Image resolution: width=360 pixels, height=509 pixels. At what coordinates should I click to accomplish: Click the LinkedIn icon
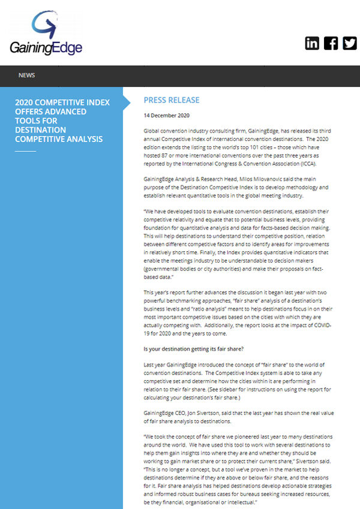click(x=312, y=43)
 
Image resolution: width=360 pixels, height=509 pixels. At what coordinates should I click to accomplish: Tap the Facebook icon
click(x=331, y=43)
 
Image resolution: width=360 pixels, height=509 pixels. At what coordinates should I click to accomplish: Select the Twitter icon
click(x=349, y=43)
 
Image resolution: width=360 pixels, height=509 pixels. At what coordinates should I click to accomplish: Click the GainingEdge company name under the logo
click(x=46, y=48)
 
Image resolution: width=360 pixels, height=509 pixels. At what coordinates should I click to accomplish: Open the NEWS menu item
click(x=26, y=76)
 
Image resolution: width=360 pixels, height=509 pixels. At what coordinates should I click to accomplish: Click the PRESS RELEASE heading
click(x=172, y=100)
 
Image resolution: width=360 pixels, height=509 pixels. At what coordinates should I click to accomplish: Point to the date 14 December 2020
click(x=166, y=115)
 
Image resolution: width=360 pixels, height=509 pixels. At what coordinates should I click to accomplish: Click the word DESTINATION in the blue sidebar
click(x=40, y=129)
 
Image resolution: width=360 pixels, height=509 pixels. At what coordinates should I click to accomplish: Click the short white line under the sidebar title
click(x=25, y=151)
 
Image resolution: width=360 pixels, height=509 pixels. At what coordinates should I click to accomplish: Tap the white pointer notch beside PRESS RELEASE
click(x=127, y=101)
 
